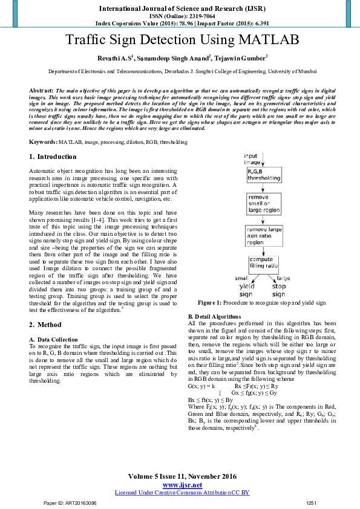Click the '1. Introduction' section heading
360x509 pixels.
(x=53, y=157)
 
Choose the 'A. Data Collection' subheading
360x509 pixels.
(x=54, y=340)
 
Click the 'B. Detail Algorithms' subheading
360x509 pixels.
(x=214, y=316)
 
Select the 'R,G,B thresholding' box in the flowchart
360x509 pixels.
(x=263, y=175)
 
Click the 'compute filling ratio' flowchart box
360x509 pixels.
(x=264, y=264)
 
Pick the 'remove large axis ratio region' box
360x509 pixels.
(x=264, y=235)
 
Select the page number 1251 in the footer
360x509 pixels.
(x=312, y=503)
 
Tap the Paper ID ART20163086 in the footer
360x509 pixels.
(x=66, y=503)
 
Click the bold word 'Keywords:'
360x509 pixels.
(x=44, y=141)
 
